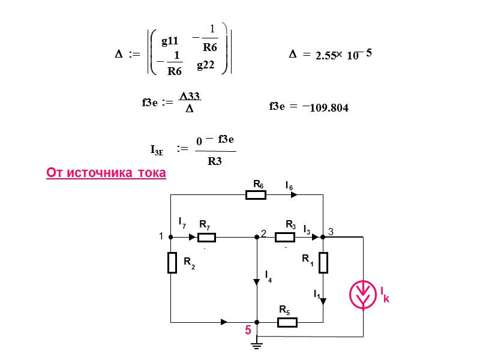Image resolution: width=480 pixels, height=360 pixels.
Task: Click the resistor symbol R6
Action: [256, 195]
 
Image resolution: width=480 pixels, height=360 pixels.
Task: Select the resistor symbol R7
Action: [206, 237]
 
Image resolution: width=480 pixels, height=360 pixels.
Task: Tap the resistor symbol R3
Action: [284, 237]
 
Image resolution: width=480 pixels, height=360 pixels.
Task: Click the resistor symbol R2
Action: [172, 262]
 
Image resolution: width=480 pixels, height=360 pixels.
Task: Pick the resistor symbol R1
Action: [323, 262]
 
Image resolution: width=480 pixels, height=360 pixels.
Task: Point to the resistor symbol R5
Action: [287, 322]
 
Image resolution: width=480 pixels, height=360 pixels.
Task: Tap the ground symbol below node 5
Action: [257, 344]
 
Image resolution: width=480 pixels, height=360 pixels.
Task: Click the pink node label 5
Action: [247, 331]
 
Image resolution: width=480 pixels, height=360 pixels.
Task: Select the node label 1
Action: [161, 237]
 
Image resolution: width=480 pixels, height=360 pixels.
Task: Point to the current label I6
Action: [289, 186]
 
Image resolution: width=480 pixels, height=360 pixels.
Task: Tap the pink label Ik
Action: [384, 293]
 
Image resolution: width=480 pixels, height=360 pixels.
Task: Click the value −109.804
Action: [326, 107]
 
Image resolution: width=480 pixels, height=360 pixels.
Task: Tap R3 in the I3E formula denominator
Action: [214, 160]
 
